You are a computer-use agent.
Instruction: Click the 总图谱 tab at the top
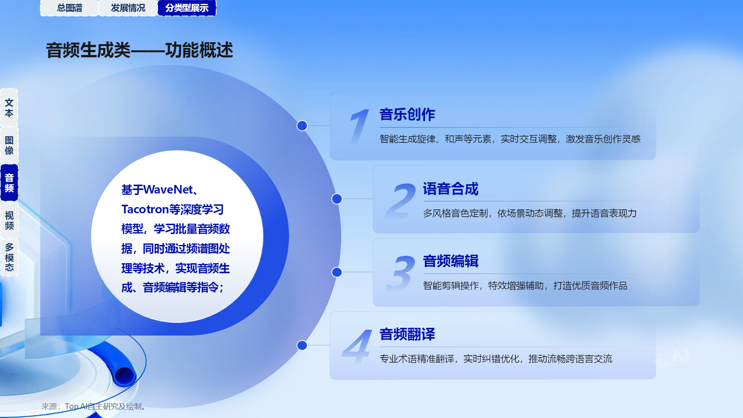pyautogui.click(x=70, y=8)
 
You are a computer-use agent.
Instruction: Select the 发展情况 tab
pyautogui.click(x=128, y=8)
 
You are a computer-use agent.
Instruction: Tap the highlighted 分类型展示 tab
pyautogui.click(x=187, y=8)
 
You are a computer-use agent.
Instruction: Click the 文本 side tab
pyautogui.click(x=9, y=108)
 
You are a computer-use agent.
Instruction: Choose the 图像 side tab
pyautogui.click(x=9, y=145)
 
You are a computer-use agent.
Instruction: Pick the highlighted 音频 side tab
pyautogui.click(x=9, y=183)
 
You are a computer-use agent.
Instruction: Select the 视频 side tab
pyautogui.click(x=9, y=220)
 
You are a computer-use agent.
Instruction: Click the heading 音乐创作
pyautogui.click(x=407, y=115)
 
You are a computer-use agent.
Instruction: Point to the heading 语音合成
pyautogui.click(x=450, y=189)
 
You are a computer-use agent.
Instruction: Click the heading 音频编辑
pyautogui.click(x=450, y=261)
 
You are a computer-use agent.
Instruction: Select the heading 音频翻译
pyautogui.click(x=407, y=334)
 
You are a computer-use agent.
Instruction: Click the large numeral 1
pyautogui.click(x=359, y=127)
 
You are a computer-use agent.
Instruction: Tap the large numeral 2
pyautogui.click(x=401, y=200)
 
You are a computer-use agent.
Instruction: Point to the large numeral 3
pyautogui.click(x=401, y=273)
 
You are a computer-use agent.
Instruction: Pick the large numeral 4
pyautogui.click(x=357, y=346)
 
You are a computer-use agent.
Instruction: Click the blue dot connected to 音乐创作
pyautogui.click(x=302, y=126)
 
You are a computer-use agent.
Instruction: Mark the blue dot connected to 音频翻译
pyautogui.click(x=302, y=345)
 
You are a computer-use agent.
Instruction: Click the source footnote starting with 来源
pyautogui.click(x=94, y=406)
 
